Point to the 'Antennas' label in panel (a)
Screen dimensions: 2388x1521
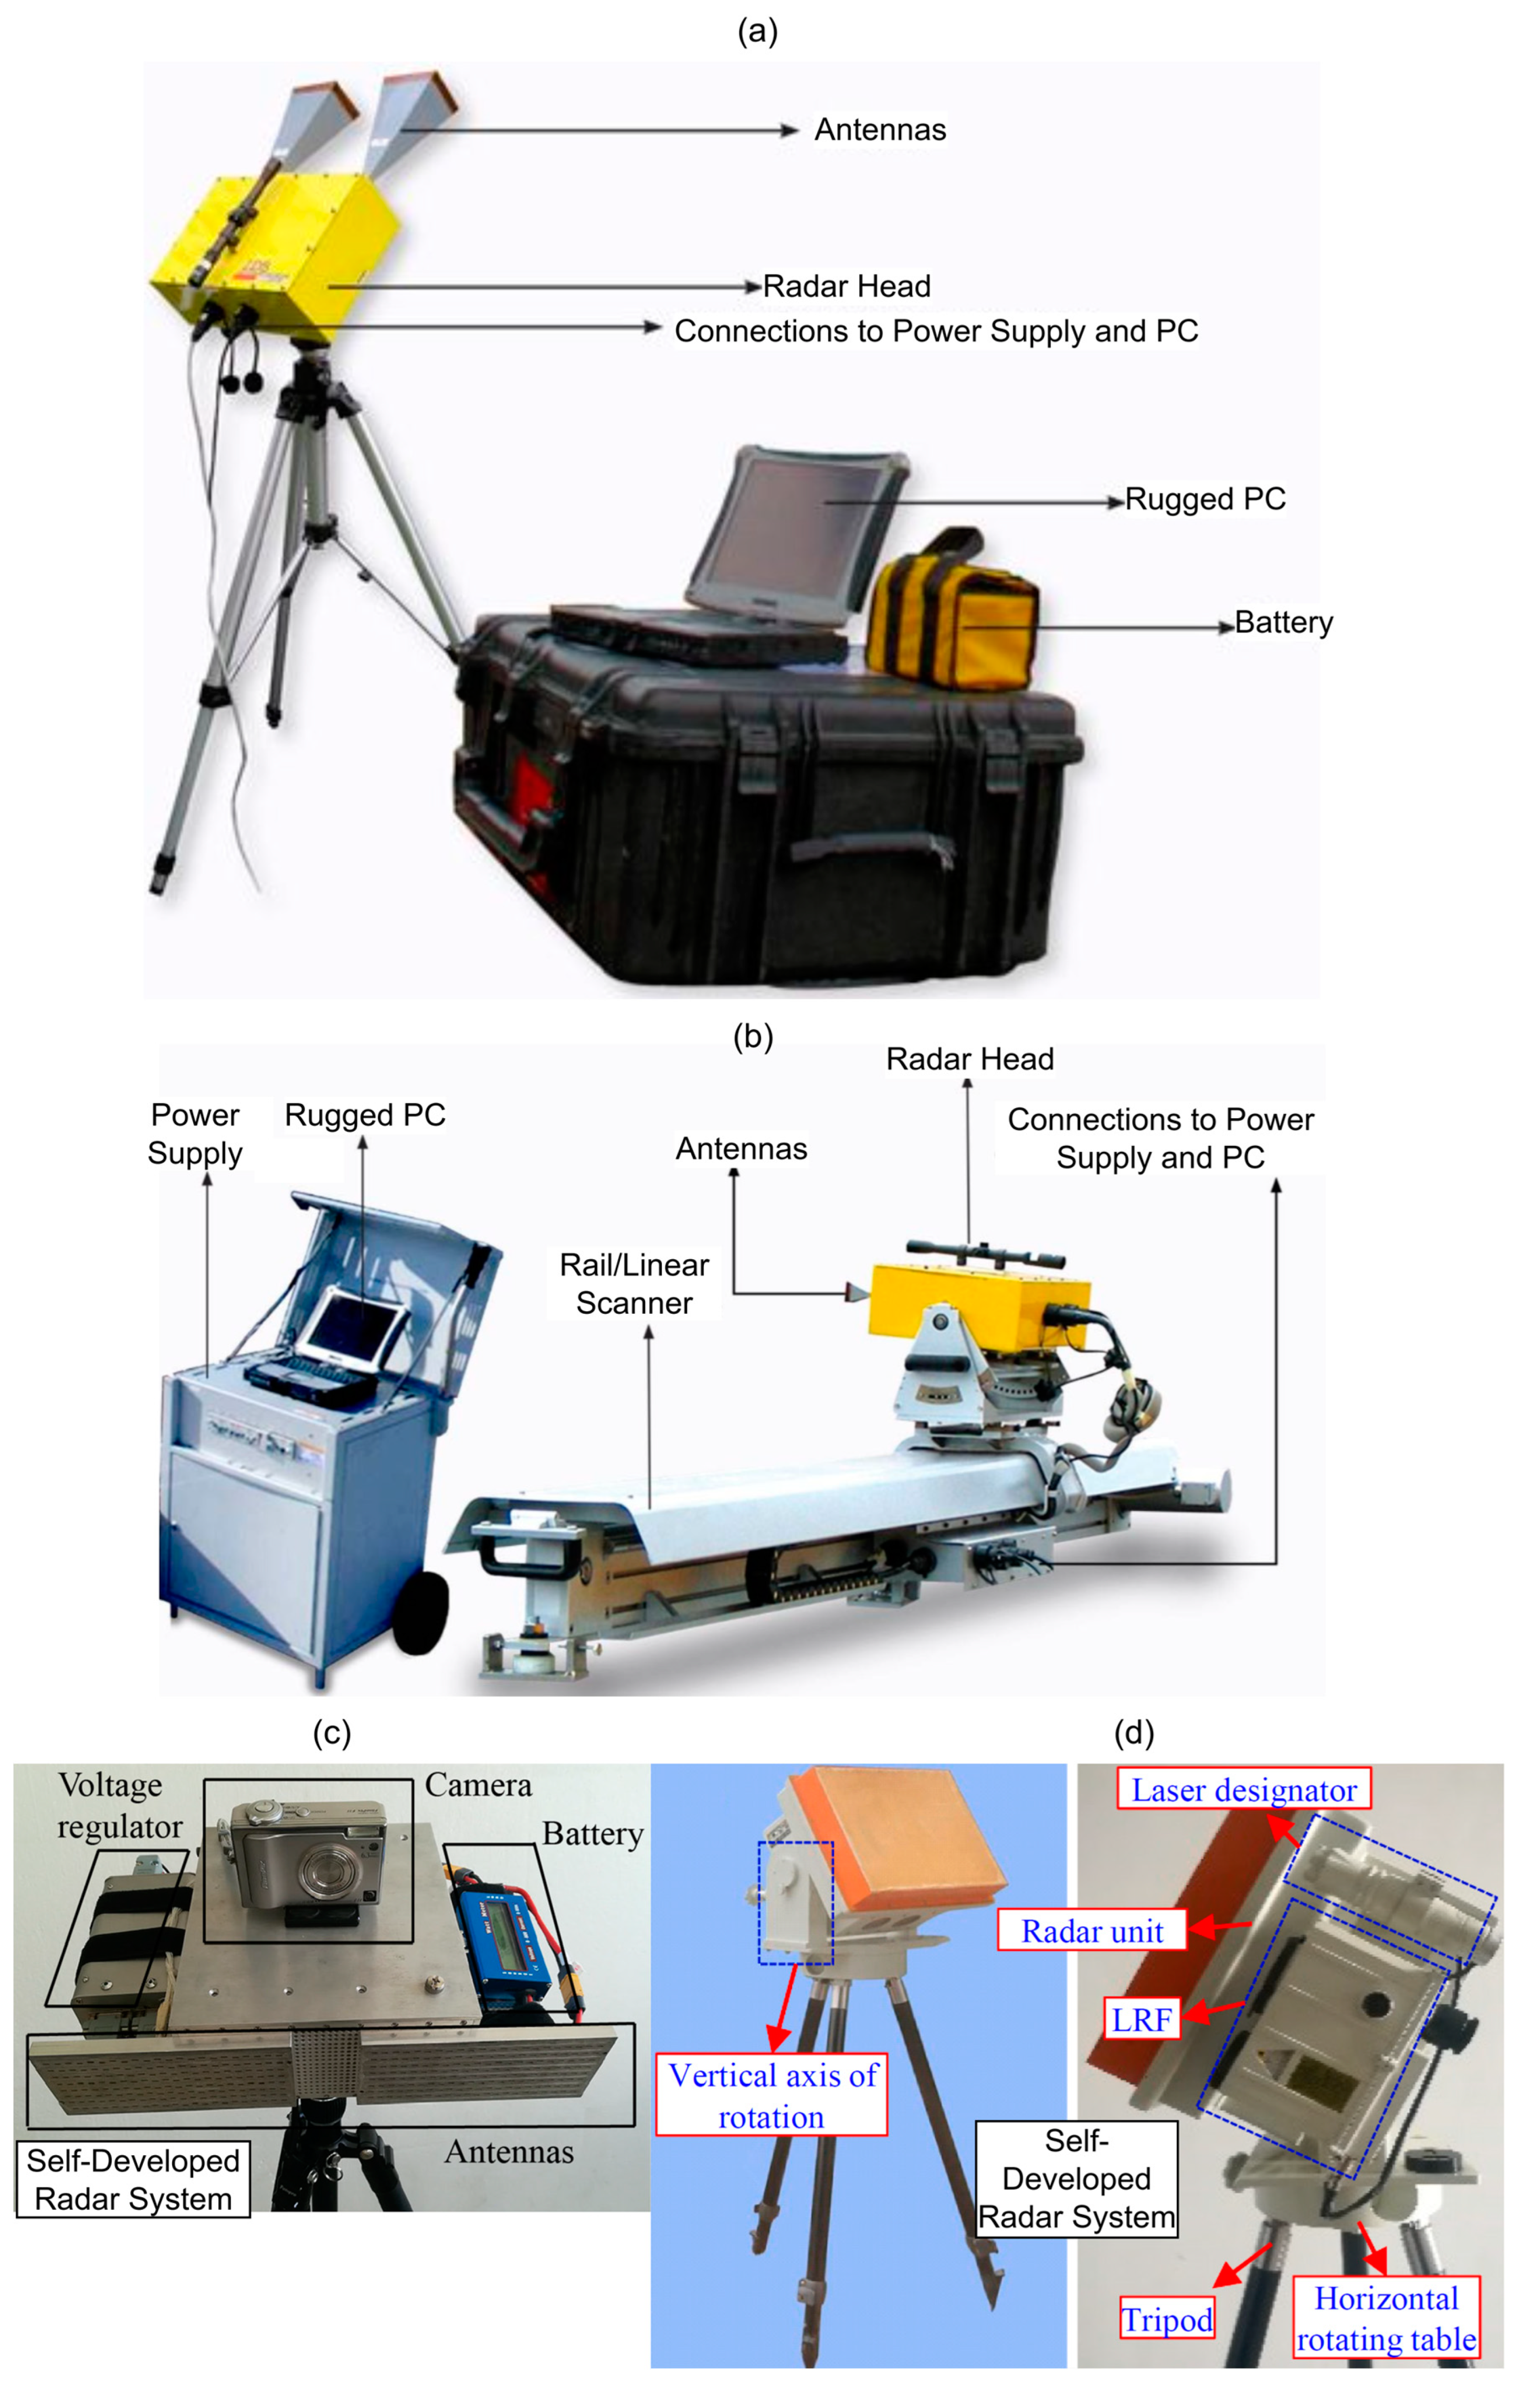[x=880, y=130]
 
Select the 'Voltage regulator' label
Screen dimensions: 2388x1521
[x=119, y=1806]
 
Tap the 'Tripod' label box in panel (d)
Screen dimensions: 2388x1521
[x=1167, y=2319]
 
